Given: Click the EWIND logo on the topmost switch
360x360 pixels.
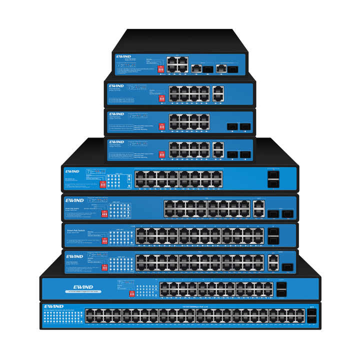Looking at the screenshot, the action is point(123,57).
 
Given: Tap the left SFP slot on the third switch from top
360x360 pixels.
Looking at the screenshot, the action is point(232,126).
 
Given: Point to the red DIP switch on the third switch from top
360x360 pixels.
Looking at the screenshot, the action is point(162,127).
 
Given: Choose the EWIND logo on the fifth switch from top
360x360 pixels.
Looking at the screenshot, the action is point(72,171).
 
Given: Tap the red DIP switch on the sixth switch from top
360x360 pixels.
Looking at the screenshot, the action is point(104,213).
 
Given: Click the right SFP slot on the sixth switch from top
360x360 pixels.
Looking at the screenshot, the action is point(287,213).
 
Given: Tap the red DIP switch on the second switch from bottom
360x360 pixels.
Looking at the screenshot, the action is point(132,293).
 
